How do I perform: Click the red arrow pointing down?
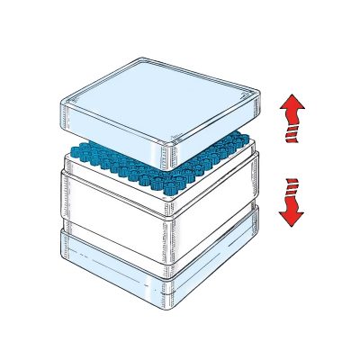pos(291,202)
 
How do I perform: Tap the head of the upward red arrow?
pos(291,107)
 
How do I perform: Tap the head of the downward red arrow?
pos(291,215)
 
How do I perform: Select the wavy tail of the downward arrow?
pos(291,187)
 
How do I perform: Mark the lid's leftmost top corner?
pos(60,99)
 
